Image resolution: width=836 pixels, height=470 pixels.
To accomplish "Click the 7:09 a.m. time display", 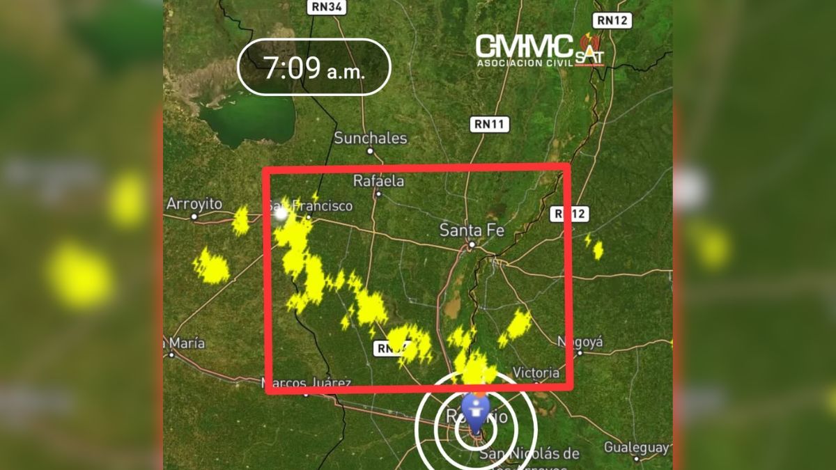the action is [313, 67].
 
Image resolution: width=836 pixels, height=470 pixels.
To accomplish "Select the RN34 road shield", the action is [327, 7].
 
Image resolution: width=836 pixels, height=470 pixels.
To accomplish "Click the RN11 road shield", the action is [489, 125].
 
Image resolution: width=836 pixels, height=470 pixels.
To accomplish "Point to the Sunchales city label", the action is [370, 138].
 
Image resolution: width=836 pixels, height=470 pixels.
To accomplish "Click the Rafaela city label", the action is [378, 181].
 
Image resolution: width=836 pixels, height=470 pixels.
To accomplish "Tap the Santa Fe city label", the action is [472, 230].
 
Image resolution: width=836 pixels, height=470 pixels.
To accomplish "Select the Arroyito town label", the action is [194, 203].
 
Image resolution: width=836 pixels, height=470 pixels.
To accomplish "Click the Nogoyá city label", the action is [580, 342].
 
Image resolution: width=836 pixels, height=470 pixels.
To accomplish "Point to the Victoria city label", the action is [536, 373].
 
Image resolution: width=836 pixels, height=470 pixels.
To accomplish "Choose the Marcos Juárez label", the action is [306, 382].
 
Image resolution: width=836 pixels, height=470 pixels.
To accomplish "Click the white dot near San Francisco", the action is [281, 214].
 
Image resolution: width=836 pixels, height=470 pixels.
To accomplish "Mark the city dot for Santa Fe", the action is [472, 245].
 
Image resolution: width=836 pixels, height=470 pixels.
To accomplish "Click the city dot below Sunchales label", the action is [371, 150].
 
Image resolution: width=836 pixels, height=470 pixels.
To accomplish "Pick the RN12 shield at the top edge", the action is [612, 20].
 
